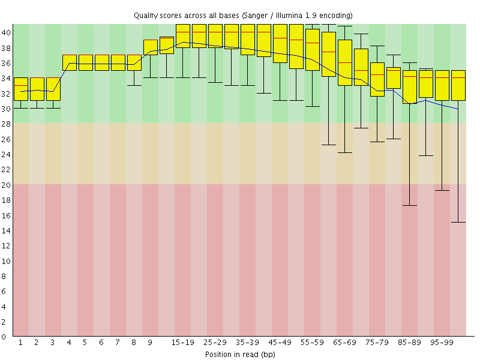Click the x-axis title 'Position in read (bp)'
pos(240,354)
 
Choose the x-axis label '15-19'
pos(182,343)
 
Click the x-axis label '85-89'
pos(409,343)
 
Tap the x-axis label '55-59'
pos(312,343)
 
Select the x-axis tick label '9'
pos(150,343)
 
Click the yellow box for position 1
pos(20,89)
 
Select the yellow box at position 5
pos(85,62)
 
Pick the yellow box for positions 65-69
pos(344,62)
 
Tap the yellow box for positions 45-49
pos(280,43)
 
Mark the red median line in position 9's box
pos(150,40)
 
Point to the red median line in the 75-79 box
pos(377,74)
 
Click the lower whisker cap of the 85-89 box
pos(409,205)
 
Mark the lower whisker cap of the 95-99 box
pos(442,190)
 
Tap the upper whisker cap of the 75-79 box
pos(377,46)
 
